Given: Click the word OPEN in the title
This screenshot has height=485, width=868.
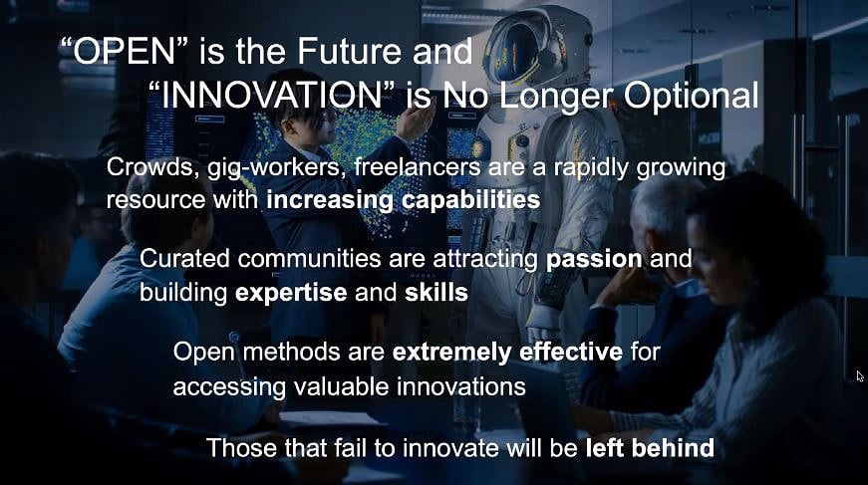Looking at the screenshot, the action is [x=124, y=52].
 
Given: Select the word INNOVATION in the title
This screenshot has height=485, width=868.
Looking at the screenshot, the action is [x=271, y=95].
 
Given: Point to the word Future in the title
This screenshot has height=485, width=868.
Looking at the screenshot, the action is [x=350, y=52].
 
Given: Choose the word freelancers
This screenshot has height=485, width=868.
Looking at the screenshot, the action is [x=417, y=166].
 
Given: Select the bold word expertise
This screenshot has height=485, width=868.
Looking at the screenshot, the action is [x=291, y=293].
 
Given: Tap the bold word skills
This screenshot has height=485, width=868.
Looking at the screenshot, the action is [x=436, y=292].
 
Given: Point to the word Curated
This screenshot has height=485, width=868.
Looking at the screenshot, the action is [x=184, y=258].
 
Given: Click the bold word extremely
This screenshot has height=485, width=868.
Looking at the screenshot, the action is [x=451, y=353].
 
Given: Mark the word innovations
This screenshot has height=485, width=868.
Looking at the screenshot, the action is [x=461, y=386].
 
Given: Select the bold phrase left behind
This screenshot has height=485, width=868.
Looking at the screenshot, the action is [x=650, y=447].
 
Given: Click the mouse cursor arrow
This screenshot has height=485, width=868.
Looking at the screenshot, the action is [x=860, y=376].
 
